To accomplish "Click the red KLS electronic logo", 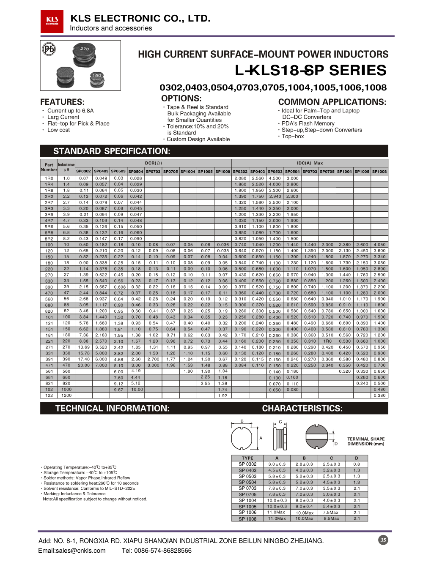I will [52, 21].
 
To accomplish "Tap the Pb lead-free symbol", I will [49, 49].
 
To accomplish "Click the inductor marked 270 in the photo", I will [85, 55].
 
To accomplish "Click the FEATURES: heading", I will [62, 102].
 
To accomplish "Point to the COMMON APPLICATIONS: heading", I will [332, 102].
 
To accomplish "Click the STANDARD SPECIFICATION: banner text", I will [112, 151].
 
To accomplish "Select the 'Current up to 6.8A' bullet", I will [70, 111].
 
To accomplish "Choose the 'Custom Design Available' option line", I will [198, 139].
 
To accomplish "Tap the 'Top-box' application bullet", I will [293, 136].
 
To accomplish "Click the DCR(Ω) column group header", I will [153, 163].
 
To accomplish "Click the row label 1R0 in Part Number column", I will [49, 178].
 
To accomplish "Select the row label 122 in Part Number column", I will [49, 396].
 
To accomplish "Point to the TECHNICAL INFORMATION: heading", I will [112, 408].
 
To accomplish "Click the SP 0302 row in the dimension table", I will [247, 464].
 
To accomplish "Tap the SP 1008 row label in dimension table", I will [247, 518].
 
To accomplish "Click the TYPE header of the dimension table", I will [247, 458].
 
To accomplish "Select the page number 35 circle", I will [383, 540].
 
